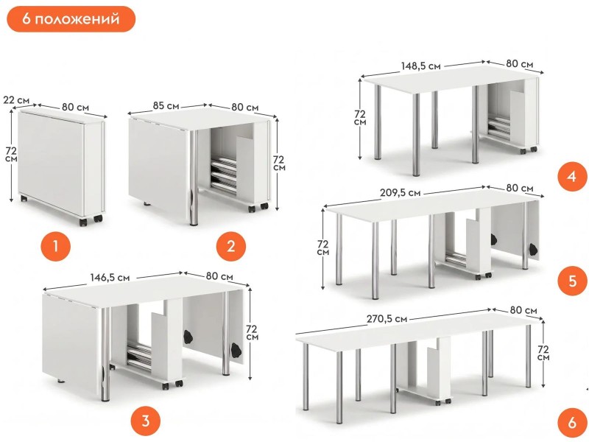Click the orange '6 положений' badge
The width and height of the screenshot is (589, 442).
[x=71, y=19]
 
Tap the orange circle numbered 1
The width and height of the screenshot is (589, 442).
[x=56, y=247]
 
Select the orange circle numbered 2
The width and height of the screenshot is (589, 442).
[x=231, y=247]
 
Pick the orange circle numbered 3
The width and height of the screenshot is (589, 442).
[x=145, y=421]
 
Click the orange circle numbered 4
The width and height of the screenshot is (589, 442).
[x=572, y=176]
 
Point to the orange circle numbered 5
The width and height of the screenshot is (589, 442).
[x=572, y=281]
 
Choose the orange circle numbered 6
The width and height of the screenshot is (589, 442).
[x=572, y=422]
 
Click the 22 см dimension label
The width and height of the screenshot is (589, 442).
[x=16, y=100]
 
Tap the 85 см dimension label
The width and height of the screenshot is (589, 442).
[x=166, y=105]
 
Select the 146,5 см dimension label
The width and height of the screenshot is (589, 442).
[x=110, y=278]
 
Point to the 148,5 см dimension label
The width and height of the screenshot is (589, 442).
[x=420, y=66]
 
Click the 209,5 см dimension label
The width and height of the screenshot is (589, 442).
[x=400, y=193]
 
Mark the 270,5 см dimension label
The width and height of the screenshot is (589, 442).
[x=387, y=319]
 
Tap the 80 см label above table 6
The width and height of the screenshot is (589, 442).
[x=523, y=310]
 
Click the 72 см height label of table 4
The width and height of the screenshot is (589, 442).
[x=360, y=118]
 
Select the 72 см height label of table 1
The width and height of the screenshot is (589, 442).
[x=11, y=155]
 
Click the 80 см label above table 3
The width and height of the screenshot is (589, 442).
[x=219, y=276]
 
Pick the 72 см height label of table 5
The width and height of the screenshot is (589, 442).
[x=323, y=248]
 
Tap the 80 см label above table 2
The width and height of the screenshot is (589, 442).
[x=245, y=108]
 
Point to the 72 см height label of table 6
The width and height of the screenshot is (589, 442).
[x=543, y=353]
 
